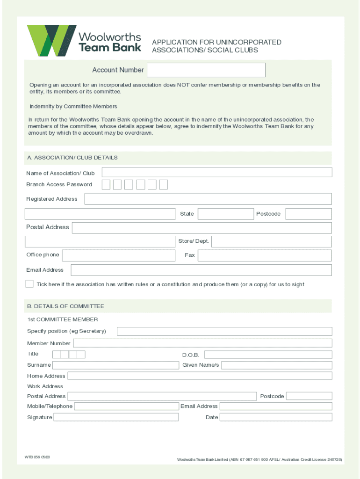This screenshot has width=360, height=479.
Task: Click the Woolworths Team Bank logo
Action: [84, 41]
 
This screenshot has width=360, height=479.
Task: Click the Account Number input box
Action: [206, 70]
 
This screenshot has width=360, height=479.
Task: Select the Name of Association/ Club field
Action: [217, 173]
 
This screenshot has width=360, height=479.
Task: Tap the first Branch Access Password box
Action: [106, 184]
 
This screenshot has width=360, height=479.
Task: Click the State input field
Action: [225, 214]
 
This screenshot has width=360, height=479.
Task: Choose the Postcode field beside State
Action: [309, 214]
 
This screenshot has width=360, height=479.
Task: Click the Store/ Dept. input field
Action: [272, 241]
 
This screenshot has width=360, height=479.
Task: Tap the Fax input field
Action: [265, 255]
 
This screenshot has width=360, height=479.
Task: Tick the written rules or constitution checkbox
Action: [29, 284]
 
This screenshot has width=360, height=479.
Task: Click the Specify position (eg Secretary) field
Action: [224, 331]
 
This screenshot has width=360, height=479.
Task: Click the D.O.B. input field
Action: [268, 355]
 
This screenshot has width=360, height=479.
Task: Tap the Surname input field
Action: [116, 365]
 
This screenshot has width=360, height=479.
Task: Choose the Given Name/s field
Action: [276, 365]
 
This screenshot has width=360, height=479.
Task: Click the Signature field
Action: [116, 417]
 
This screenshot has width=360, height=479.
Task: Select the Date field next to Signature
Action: [276, 417]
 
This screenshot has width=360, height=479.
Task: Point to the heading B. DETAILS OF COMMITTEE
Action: [65, 306]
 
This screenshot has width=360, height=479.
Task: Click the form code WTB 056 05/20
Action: [37, 457]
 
